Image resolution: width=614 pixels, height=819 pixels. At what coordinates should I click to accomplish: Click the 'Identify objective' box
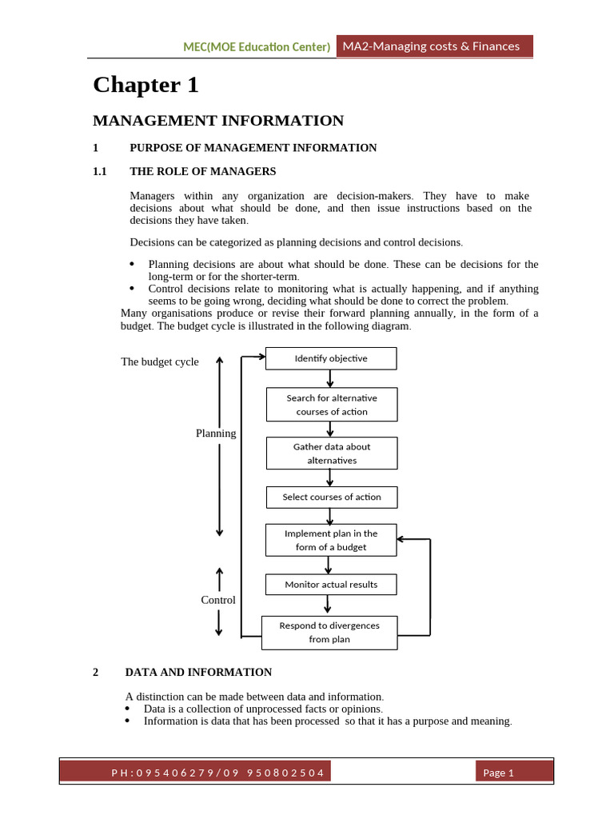pyautogui.click(x=330, y=358)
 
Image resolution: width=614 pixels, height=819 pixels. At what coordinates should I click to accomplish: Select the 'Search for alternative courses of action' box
pyautogui.click(x=330, y=405)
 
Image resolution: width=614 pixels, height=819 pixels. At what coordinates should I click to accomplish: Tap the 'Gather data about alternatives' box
pyautogui.click(x=330, y=453)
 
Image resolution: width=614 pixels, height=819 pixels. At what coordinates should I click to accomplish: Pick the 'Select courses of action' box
pyautogui.click(x=331, y=497)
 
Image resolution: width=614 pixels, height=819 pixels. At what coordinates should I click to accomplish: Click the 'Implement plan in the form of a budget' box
pyautogui.click(x=330, y=540)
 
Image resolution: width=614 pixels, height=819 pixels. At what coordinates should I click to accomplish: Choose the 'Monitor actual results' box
pyautogui.click(x=330, y=585)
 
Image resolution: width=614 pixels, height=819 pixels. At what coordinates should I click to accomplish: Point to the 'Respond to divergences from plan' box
pyautogui.click(x=329, y=632)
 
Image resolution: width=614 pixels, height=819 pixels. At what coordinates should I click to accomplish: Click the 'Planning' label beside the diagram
pyautogui.click(x=216, y=433)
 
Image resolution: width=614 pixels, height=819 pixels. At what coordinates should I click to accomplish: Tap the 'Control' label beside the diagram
pyautogui.click(x=217, y=600)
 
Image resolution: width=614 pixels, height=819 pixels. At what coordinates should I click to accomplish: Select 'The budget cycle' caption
pyautogui.click(x=160, y=362)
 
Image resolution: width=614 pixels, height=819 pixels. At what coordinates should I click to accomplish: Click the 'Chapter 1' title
pyautogui.click(x=146, y=85)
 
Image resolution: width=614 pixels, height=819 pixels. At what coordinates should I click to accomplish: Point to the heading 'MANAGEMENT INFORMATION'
pyautogui.click(x=218, y=121)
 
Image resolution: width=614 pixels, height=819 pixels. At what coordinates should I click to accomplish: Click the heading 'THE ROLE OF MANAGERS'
pyautogui.click(x=202, y=171)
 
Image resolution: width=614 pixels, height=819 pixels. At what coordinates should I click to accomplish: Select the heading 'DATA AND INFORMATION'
pyautogui.click(x=198, y=672)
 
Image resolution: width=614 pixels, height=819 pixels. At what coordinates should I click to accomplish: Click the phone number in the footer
pyautogui.click(x=217, y=772)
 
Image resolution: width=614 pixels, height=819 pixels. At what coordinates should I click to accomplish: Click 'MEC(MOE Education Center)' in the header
pyautogui.click(x=257, y=47)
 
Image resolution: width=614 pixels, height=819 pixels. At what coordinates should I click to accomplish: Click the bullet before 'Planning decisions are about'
pyautogui.click(x=133, y=264)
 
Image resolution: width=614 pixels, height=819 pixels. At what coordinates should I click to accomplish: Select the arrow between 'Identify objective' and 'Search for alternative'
pyautogui.click(x=330, y=378)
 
